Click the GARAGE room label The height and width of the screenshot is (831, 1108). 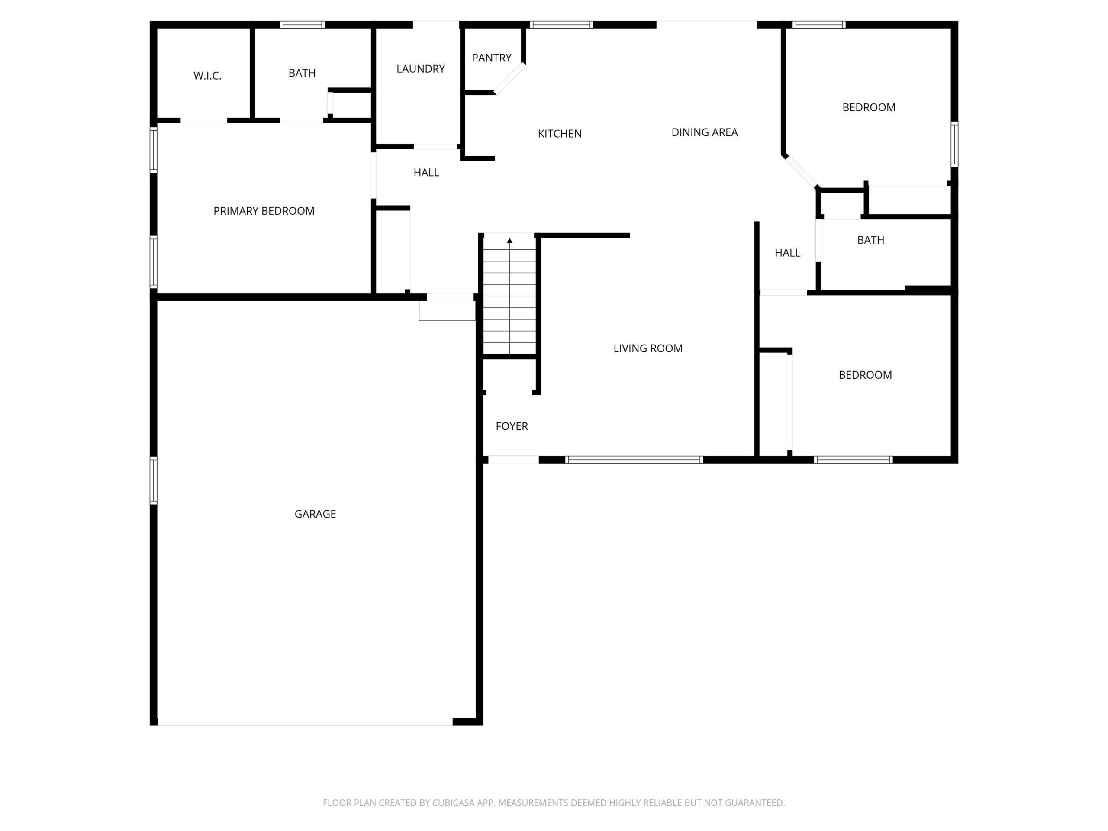click(x=315, y=514)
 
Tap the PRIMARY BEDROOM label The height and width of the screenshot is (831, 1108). click(x=264, y=211)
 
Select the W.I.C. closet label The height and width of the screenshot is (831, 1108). click(x=207, y=76)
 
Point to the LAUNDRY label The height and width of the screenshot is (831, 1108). click(x=421, y=69)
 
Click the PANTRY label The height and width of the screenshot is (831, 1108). click(x=491, y=58)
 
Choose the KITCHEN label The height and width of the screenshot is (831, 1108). click(x=560, y=134)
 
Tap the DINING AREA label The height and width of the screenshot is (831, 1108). click(x=704, y=132)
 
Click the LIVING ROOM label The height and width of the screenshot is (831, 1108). click(x=647, y=348)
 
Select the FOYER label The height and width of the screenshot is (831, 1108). click(x=512, y=426)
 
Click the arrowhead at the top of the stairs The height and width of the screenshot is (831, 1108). click(x=509, y=241)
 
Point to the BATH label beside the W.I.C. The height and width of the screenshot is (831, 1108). click(x=302, y=73)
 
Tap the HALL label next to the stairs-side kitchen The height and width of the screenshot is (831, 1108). click(x=426, y=173)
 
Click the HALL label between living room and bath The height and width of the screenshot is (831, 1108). click(x=787, y=253)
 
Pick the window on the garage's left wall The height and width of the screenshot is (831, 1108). click(x=154, y=480)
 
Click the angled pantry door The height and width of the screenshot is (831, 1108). click(x=510, y=79)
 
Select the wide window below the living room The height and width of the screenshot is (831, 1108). click(x=634, y=460)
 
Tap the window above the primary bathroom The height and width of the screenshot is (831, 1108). click(x=302, y=25)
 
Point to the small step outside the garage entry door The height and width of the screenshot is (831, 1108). click(x=447, y=311)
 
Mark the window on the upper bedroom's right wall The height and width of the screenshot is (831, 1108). click(x=954, y=144)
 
